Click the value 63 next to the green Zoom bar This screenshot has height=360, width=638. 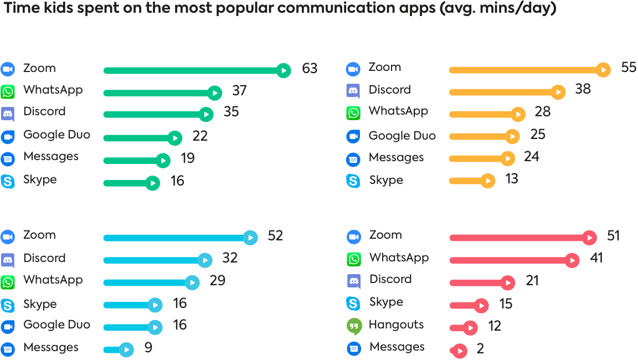coord(310,69)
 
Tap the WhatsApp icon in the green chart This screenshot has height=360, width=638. coord(8,91)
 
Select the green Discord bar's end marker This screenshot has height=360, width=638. coord(206,115)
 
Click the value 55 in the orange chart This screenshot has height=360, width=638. coord(629,68)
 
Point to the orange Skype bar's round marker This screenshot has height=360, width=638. coord(488,181)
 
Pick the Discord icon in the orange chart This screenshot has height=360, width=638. coord(353,91)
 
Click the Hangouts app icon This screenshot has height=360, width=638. coord(354,326)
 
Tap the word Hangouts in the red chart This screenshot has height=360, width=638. coord(396,325)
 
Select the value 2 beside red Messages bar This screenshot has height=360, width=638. coord(480,349)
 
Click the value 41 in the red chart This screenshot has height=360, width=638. coord(596,258)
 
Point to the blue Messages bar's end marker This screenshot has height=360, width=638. coord(127,350)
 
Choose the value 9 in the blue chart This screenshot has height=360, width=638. coord(148,348)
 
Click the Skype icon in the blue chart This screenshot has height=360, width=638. coord(8,305)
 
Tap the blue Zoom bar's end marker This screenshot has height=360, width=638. coord(250,238)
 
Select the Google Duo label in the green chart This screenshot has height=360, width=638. coord(56,135)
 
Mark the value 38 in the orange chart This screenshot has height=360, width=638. coord(583,89)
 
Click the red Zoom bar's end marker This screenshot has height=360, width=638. coord(590,238)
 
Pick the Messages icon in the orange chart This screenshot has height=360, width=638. coord(353,160)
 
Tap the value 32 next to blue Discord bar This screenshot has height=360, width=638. coord(230,258)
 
